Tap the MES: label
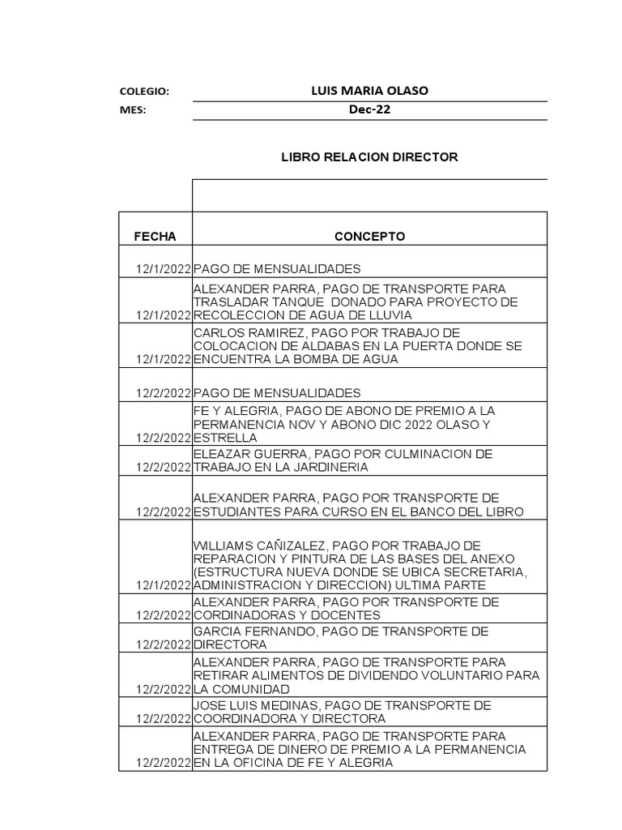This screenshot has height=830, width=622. tap(132, 111)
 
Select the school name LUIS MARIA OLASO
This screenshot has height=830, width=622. tap(369, 91)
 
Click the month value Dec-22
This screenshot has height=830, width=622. tap(369, 110)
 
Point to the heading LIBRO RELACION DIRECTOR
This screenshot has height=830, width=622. tap(369, 156)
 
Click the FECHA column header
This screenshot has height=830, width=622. tap(155, 237)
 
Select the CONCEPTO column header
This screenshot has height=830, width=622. tap(370, 237)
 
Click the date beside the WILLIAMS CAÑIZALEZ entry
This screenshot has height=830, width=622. tap(164, 585)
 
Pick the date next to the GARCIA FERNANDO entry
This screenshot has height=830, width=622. tap(164, 644)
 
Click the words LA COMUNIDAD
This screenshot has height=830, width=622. tap(233, 690)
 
